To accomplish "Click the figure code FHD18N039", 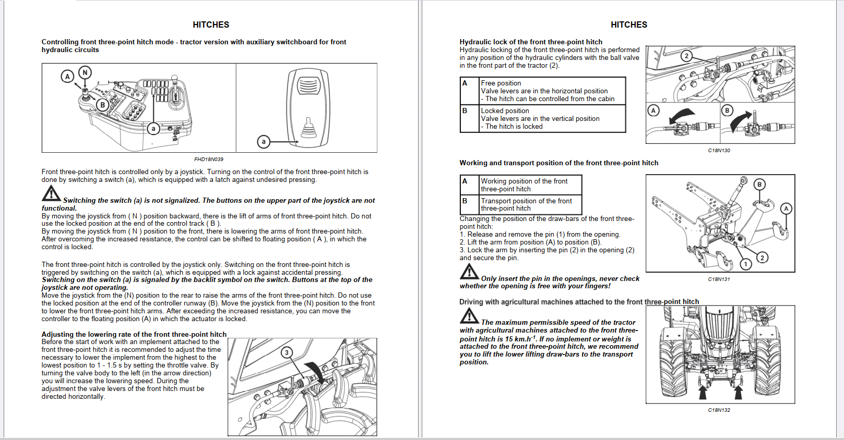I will pyautogui.click(x=208, y=160).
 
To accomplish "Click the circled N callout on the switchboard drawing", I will pyautogui.click(x=85, y=72).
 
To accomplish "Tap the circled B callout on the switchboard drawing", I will pyautogui.click(x=103, y=105).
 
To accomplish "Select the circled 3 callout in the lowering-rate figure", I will pyautogui.click(x=287, y=352).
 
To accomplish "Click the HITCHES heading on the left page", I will pyautogui.click(x=211, y=25).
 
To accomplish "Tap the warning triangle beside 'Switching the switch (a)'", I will pyautogui.click(x=51, y=194).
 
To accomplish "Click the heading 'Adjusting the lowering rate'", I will pyautogui.click(x=134, y=334).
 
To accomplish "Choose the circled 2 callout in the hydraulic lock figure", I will pyautogui.click(x=686, y=56).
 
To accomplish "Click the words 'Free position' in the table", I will pyautogui.click(x=501, y=83).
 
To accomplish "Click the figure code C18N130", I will pyautogui.click(x=719, y=150).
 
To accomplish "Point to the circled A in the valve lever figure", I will pyautogui.click(x=653, y=110).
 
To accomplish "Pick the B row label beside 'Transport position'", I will pyautogui.click(x=465, y=201).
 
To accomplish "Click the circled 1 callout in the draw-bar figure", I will pyautogui.click(x=746, y=264).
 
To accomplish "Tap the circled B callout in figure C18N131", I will pyautogui.click(x=759, y=184).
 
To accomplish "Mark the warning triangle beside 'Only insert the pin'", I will pyautogui.click(x=469, y=272).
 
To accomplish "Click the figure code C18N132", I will pyautogui.click(x=719, y=410).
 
